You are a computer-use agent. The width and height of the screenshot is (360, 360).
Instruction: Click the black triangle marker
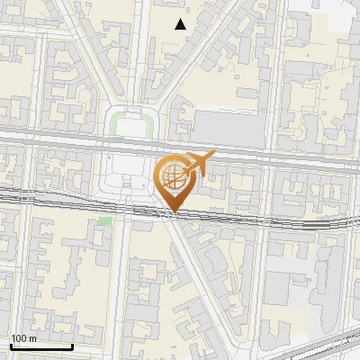pos(181,24)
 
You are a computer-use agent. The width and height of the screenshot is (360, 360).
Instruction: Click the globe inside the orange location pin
pos(171,175)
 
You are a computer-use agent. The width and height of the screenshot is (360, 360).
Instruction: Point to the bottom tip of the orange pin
pos(173,212)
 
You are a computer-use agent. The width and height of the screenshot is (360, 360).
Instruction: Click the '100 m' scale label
pos(24,338)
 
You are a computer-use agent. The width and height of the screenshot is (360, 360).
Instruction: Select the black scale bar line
pos(41,346)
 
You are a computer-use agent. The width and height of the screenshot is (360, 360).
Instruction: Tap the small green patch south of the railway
pos(106,220)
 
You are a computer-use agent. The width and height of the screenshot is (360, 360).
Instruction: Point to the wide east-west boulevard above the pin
pos(270,148)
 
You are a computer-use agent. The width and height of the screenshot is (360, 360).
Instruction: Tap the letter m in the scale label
pos(33,338)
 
